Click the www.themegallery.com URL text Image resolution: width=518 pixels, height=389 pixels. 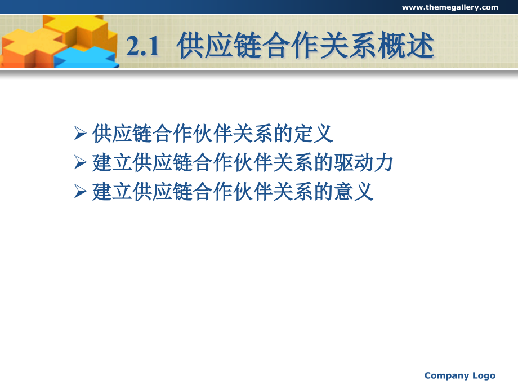pos(450,7)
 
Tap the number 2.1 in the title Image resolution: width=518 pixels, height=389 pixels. pos(142,46)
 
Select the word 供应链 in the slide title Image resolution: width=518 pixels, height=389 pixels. pos(220,45)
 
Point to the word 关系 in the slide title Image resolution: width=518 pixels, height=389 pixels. pos(349,45)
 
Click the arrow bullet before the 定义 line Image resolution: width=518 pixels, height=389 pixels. pos(81,133)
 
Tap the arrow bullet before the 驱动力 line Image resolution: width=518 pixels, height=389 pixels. pos(81,162)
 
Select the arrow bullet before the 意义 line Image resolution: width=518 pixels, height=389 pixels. pos(81,191)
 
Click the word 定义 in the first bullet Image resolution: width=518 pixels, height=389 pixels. pos(313,134)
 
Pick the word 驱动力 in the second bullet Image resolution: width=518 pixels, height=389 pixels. pos(363,162)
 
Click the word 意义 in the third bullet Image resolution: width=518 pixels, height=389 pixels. pos(354,192)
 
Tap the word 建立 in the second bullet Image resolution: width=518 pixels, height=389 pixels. pos(112,162)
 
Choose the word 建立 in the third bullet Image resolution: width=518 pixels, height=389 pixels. pos(112,192)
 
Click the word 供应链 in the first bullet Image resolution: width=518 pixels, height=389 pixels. pos(122,134)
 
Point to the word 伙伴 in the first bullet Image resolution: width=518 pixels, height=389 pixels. pos(213,134)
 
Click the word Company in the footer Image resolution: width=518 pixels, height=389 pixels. pos(446,376)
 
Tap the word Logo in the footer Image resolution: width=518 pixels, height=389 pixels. pos(484,376)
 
